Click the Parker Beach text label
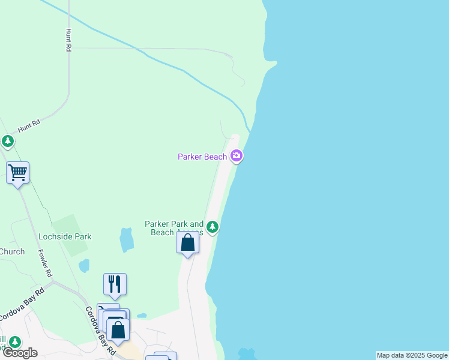tap(202, 157)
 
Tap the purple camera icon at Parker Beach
tap(237, 157)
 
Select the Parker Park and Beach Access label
tap(174, 228)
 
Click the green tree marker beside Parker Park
tap(212, 227)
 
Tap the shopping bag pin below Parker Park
tap(188, 243)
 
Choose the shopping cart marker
tap(18, 173)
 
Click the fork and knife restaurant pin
tap(115, 284)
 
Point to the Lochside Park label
tap(65, 236)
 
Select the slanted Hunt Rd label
tap(28, 125)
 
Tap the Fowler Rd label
tap(44, 263)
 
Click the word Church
tap(12, 251)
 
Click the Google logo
tap(20, 353)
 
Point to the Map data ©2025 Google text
tap(412, 355)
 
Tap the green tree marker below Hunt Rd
tap(7, 142)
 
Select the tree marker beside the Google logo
tap(14, 343)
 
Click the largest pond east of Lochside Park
tap(127, 240)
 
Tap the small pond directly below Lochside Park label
tap(84, 265)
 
